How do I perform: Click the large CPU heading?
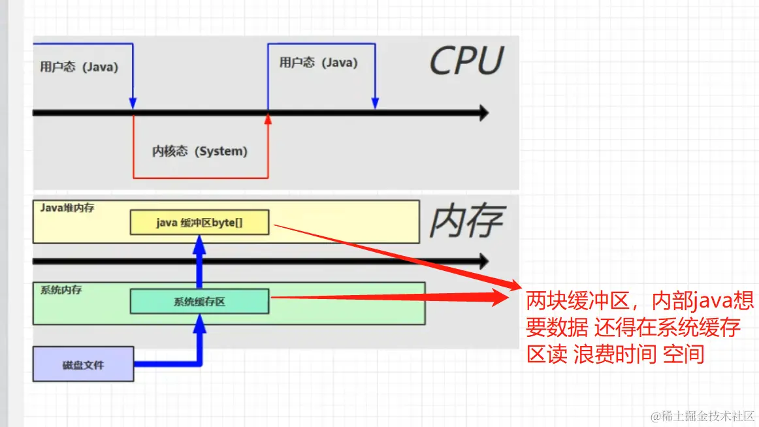click(x=466, y=61)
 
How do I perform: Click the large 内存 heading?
click(x=466, y=222)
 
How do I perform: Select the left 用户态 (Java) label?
click(x=78, y=67)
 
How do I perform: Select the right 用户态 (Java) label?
click(x=318, y=63)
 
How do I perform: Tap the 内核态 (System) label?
click(x=200, y=151)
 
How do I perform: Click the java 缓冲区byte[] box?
click(x=199, y=223)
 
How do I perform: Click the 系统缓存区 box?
click(x=199, y=302)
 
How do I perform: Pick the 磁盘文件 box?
click(x=83, y=364)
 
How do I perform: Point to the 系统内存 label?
click(x=61, y=289)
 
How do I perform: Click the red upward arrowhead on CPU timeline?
click(x=268, y=119)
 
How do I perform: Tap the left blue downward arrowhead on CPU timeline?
click(x=133, y=104)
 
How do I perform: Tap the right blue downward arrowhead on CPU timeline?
click(x=375, y=103)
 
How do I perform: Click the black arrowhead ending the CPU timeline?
click(x=483, y=113)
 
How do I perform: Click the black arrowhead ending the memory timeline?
click(x=483, y=261)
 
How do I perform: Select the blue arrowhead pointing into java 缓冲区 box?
click(x=200, y=244)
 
